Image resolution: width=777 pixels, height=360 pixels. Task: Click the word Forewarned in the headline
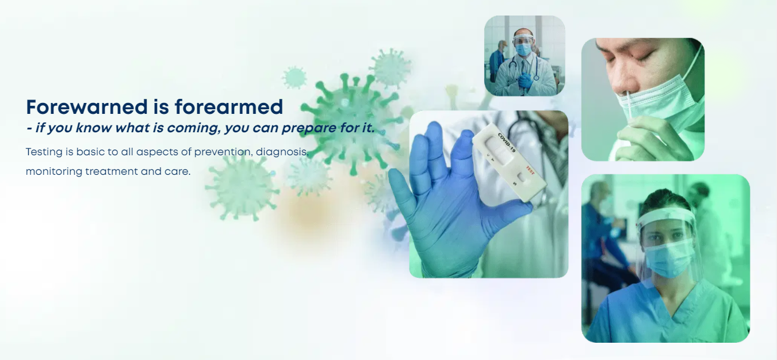point(87,107)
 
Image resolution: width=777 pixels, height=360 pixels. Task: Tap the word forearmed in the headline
point(229,107)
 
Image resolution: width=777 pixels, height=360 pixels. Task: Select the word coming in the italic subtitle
point(193,128)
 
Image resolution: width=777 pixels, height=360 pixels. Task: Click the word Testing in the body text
point(44,152)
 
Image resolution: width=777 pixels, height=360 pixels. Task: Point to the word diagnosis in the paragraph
point(282,152)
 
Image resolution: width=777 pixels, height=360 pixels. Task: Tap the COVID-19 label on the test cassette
point(507,142)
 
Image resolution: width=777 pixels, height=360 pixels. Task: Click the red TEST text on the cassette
point(530,170)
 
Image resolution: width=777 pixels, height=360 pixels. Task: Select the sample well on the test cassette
point(521,178)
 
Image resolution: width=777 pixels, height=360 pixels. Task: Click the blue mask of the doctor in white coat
point(523,49)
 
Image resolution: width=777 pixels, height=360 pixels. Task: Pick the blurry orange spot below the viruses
point(309,213)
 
